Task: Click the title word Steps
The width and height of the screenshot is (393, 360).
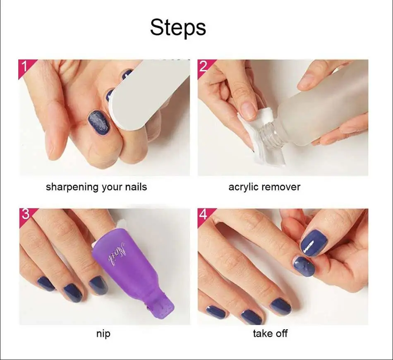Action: [x=178, y=27]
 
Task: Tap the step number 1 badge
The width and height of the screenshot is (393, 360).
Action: [x=25, y=66]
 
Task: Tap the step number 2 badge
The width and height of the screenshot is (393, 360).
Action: [x=203, y=66]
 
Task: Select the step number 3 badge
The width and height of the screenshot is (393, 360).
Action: [x=25, y=215]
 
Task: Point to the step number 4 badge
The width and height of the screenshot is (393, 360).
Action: [x=203, y=215]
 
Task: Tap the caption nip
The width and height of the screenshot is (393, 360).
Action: [x=103, y=334]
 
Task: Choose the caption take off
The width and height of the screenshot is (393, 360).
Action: [x=270, y=334]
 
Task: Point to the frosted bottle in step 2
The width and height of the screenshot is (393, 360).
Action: [x=327, y=108]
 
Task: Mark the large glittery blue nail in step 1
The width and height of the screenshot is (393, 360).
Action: [x=99, y=122]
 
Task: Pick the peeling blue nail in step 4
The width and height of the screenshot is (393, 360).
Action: [x=304, y=266]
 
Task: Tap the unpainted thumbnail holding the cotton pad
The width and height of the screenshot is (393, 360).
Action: [x=248, y=110]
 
